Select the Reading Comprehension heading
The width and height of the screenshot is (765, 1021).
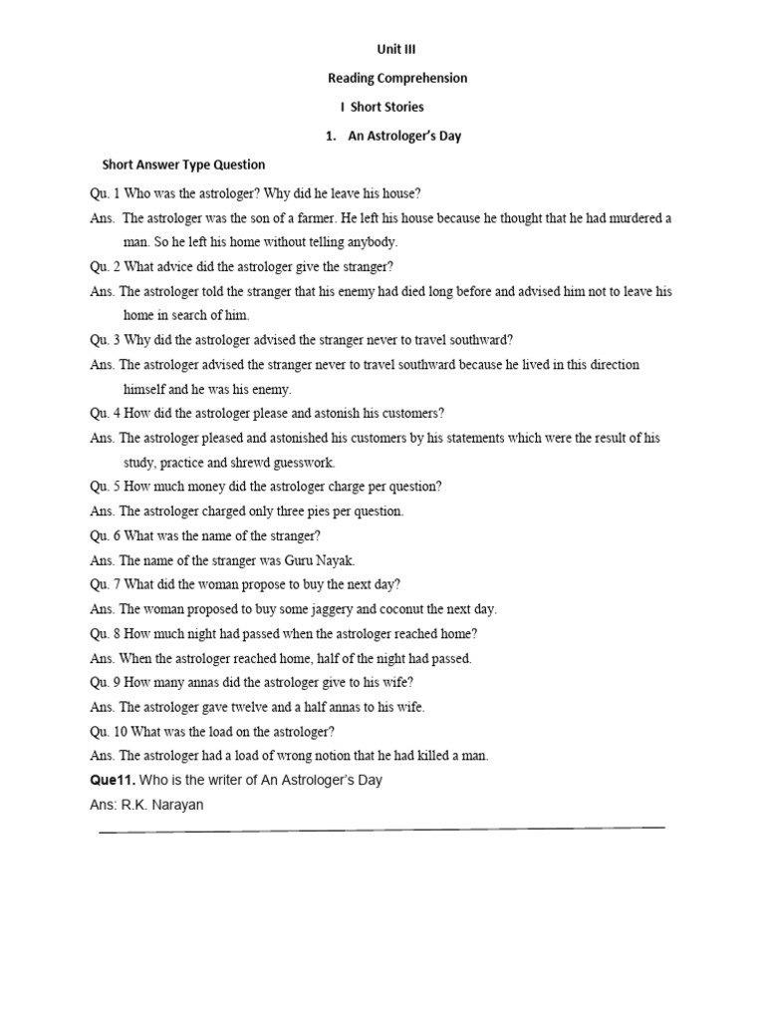point(397,78)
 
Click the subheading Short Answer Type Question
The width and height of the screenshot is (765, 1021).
point(184,165)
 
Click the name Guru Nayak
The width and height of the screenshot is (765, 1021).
point(319,560)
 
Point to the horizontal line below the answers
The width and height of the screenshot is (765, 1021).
point(382,829)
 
